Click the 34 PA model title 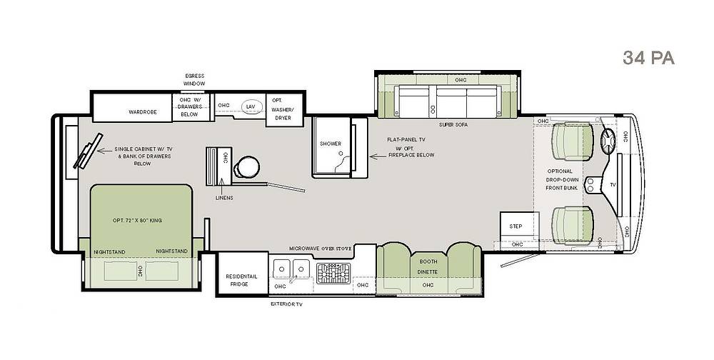(x=648, y=58)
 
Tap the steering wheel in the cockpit (x=608, y=141)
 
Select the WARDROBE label (x=143, y=111)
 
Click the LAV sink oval (x=251, y=106)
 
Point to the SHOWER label (x=331, y=144)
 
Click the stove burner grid (x=333, y=274)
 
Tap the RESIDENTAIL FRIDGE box (x=242, y=274)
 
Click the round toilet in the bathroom (x=247, y=167)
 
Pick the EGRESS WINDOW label (x=194, y=80)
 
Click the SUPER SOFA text (x=453, y=124)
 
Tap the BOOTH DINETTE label (x=428, y=266)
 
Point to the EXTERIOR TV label (x=286, y=304)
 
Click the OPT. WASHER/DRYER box (x=285, y=110)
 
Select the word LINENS (x=224, y=198)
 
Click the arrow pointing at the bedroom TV (x=104, y=150)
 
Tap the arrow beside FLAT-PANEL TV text (x=377, y=156)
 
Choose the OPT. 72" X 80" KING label (x=137, y=221)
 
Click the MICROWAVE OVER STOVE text (x=320, y=249)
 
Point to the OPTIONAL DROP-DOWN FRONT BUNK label (x=561, y=179)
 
